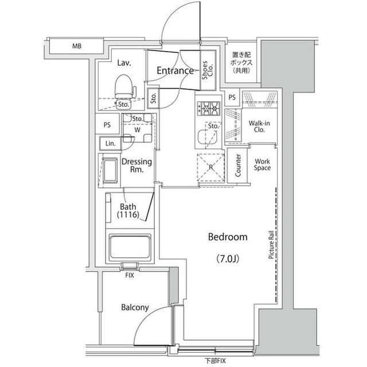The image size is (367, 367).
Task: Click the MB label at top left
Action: click(76, 46)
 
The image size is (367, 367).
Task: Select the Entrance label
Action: click(175, 71)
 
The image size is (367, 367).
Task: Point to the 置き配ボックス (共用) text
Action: click(237, 60)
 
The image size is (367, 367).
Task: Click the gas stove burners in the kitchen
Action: click(209, 107)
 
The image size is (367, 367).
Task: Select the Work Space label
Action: click(262, 165)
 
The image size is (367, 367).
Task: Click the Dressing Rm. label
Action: click(136, 165)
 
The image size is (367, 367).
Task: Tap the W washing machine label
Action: click(137, 130)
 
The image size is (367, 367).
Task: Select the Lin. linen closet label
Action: click(110, 143)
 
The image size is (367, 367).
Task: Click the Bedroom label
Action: click(227, 237)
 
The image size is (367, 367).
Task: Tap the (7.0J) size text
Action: click(227, 257)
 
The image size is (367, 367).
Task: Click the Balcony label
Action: click(135, 307)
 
